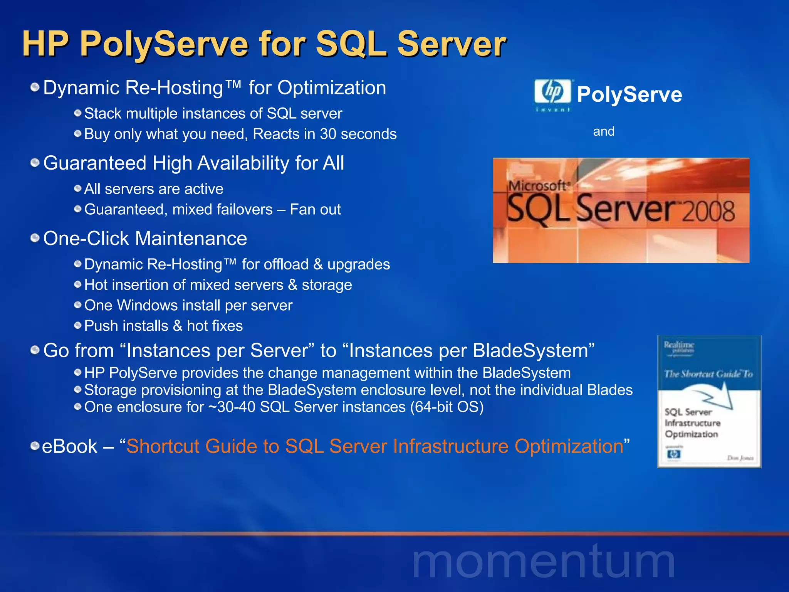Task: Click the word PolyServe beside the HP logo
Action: pyautogui.click(x=630, y=94)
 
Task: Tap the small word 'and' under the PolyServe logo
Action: pyautogui.click(x=604, y=131)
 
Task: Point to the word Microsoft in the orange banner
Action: pyautogui.click(x=538, y=186)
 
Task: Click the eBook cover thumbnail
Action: pyautogui.click(x=709, y=402)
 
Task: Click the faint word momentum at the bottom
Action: pyautogui.click(x=543, y=563)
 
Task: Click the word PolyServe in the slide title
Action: pyautogui.click(x=164, y=44)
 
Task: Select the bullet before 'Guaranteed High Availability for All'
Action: pyautogui.click(x=35, y=163)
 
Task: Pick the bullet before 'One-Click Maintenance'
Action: pyautogui.click(x=35, y=238)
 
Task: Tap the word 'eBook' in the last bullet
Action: pyautogui.click(x=69, y=446)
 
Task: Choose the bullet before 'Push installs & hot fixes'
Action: pyautogui.click(x=78, y=326)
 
